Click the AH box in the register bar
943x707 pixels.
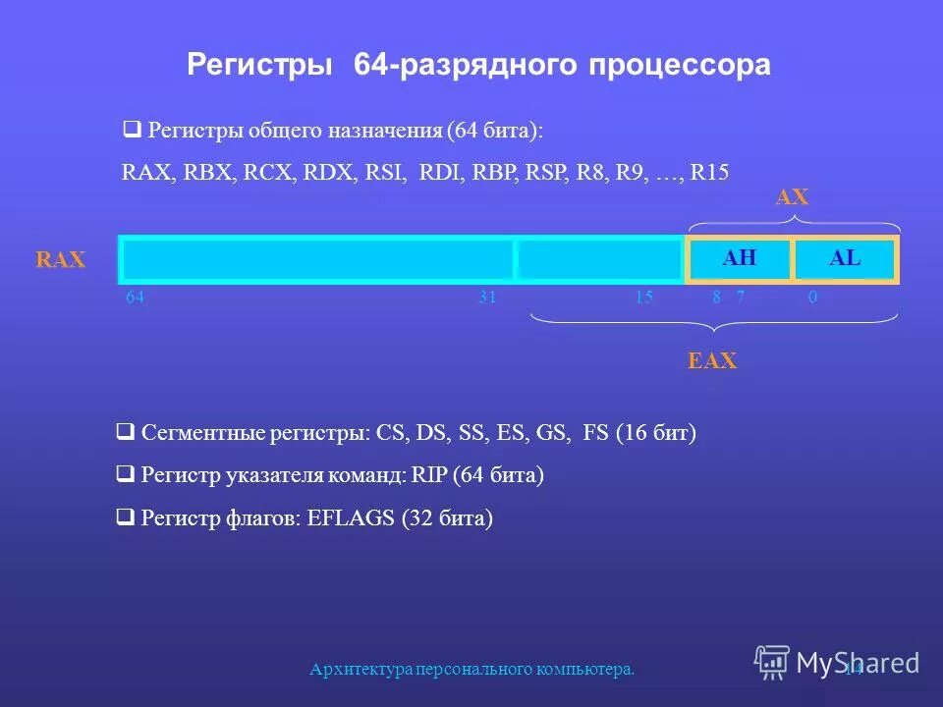[739, 259]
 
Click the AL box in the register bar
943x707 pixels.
[845, 259]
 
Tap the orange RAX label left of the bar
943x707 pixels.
[61, 260]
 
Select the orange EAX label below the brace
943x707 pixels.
[711, 361]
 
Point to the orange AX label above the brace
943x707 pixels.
[792, 197]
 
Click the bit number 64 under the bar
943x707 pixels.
[136, 298]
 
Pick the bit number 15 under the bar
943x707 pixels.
[643, 298]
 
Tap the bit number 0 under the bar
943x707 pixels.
[812, 298]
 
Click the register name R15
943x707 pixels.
[709, 172]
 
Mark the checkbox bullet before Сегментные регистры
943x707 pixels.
[125, 432]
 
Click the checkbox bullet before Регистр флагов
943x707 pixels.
[125, 517]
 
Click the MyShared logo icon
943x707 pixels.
[771, 662]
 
